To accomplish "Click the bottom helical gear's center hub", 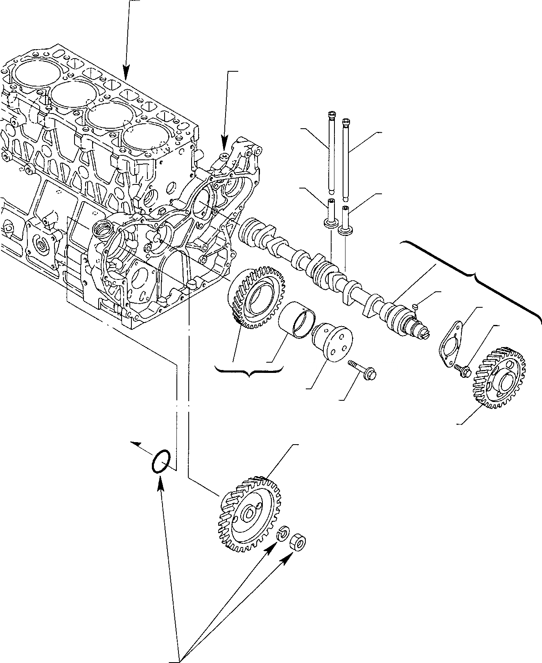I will (249, 515).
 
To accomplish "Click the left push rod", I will (331, 152).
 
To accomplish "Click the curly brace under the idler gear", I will (249, 371).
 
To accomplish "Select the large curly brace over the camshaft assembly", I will (475, 275).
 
